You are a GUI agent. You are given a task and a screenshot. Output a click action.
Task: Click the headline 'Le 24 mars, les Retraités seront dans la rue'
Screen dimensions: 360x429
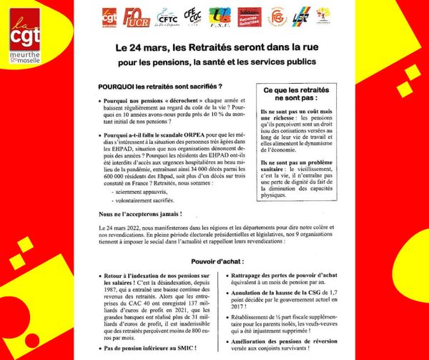pos(214,51)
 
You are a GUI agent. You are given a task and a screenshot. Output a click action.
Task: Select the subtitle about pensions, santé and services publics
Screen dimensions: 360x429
pos(214,64)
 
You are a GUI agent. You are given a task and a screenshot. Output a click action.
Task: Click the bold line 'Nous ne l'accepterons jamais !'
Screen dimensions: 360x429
pos(135,214)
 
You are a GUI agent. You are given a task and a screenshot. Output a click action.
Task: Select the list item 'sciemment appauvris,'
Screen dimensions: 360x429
pos(132,193)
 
